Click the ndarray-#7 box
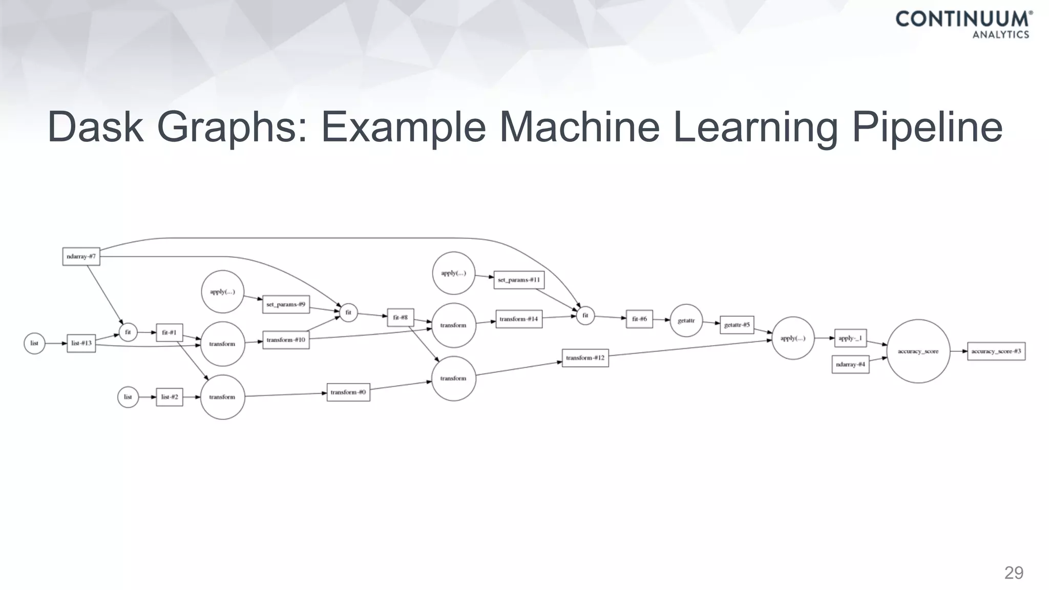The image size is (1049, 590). tap(81, 257)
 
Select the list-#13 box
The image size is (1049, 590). tap(81, 343)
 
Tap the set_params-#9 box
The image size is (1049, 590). tap(286, 304)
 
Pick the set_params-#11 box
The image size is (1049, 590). tap(519, 280)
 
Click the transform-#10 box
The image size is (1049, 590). tap(286, 340)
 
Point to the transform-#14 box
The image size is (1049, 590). tap(519, 319)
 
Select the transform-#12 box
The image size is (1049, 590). tap(585, 358)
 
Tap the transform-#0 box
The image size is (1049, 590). tap(348, 392)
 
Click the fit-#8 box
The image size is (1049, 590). tap(400, 318)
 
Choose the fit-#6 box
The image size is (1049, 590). tap(639, 319)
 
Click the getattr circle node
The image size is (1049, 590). tap(686, 321)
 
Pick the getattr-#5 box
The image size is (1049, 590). tap(737, 325)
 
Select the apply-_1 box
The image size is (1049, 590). tap(850, 338)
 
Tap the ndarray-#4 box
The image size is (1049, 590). tap(850, 365)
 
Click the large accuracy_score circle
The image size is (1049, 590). tap(918, 351)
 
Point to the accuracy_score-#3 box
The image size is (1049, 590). tap(996, 351)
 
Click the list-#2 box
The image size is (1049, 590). tap(169, 397)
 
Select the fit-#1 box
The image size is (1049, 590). tap(169, 332)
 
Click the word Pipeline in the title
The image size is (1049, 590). tap(927, 127)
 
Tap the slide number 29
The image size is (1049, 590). tap(1014, 573)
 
